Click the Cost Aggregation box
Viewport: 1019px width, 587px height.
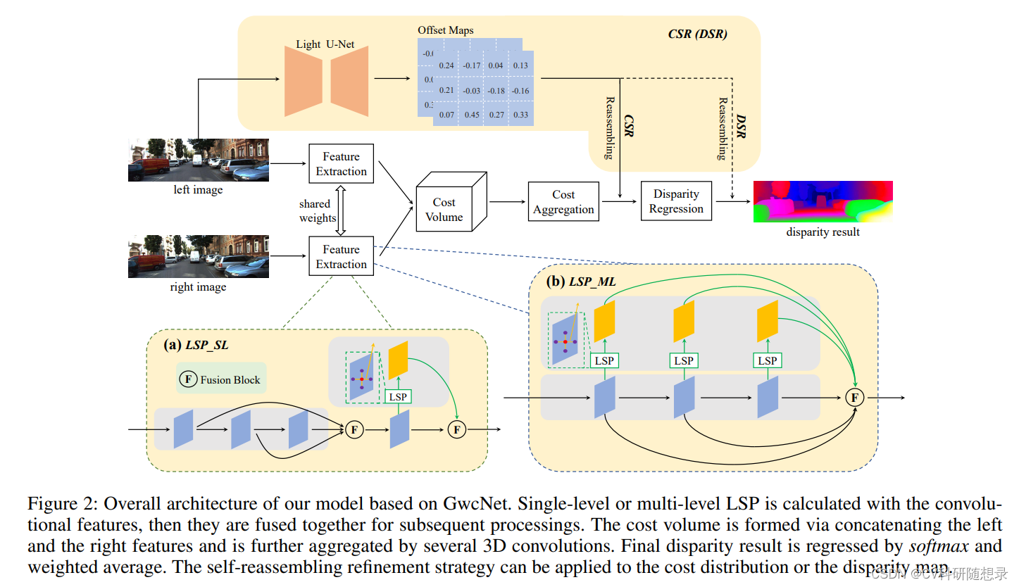(563, 202)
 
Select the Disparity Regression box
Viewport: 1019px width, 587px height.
(676, 201)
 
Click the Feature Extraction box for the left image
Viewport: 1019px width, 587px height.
(341, 164)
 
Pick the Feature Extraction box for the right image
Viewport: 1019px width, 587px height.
(341, 257)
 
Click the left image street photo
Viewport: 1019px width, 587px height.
(198, 160)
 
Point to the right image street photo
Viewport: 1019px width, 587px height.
(198, 256)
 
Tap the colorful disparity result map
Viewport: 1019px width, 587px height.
(823, 202)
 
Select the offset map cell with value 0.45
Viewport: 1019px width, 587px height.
(472, 115)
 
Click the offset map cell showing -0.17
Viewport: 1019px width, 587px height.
(472, 65)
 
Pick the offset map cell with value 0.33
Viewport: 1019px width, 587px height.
(520, 115)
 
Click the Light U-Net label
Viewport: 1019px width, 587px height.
(325, 44)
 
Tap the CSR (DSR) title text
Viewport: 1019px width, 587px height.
(697, 33)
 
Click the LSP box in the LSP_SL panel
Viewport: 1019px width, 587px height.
(398, 397)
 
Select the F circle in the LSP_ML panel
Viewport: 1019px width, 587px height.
(854, 398)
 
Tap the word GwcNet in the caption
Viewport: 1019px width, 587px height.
(468, 505)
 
